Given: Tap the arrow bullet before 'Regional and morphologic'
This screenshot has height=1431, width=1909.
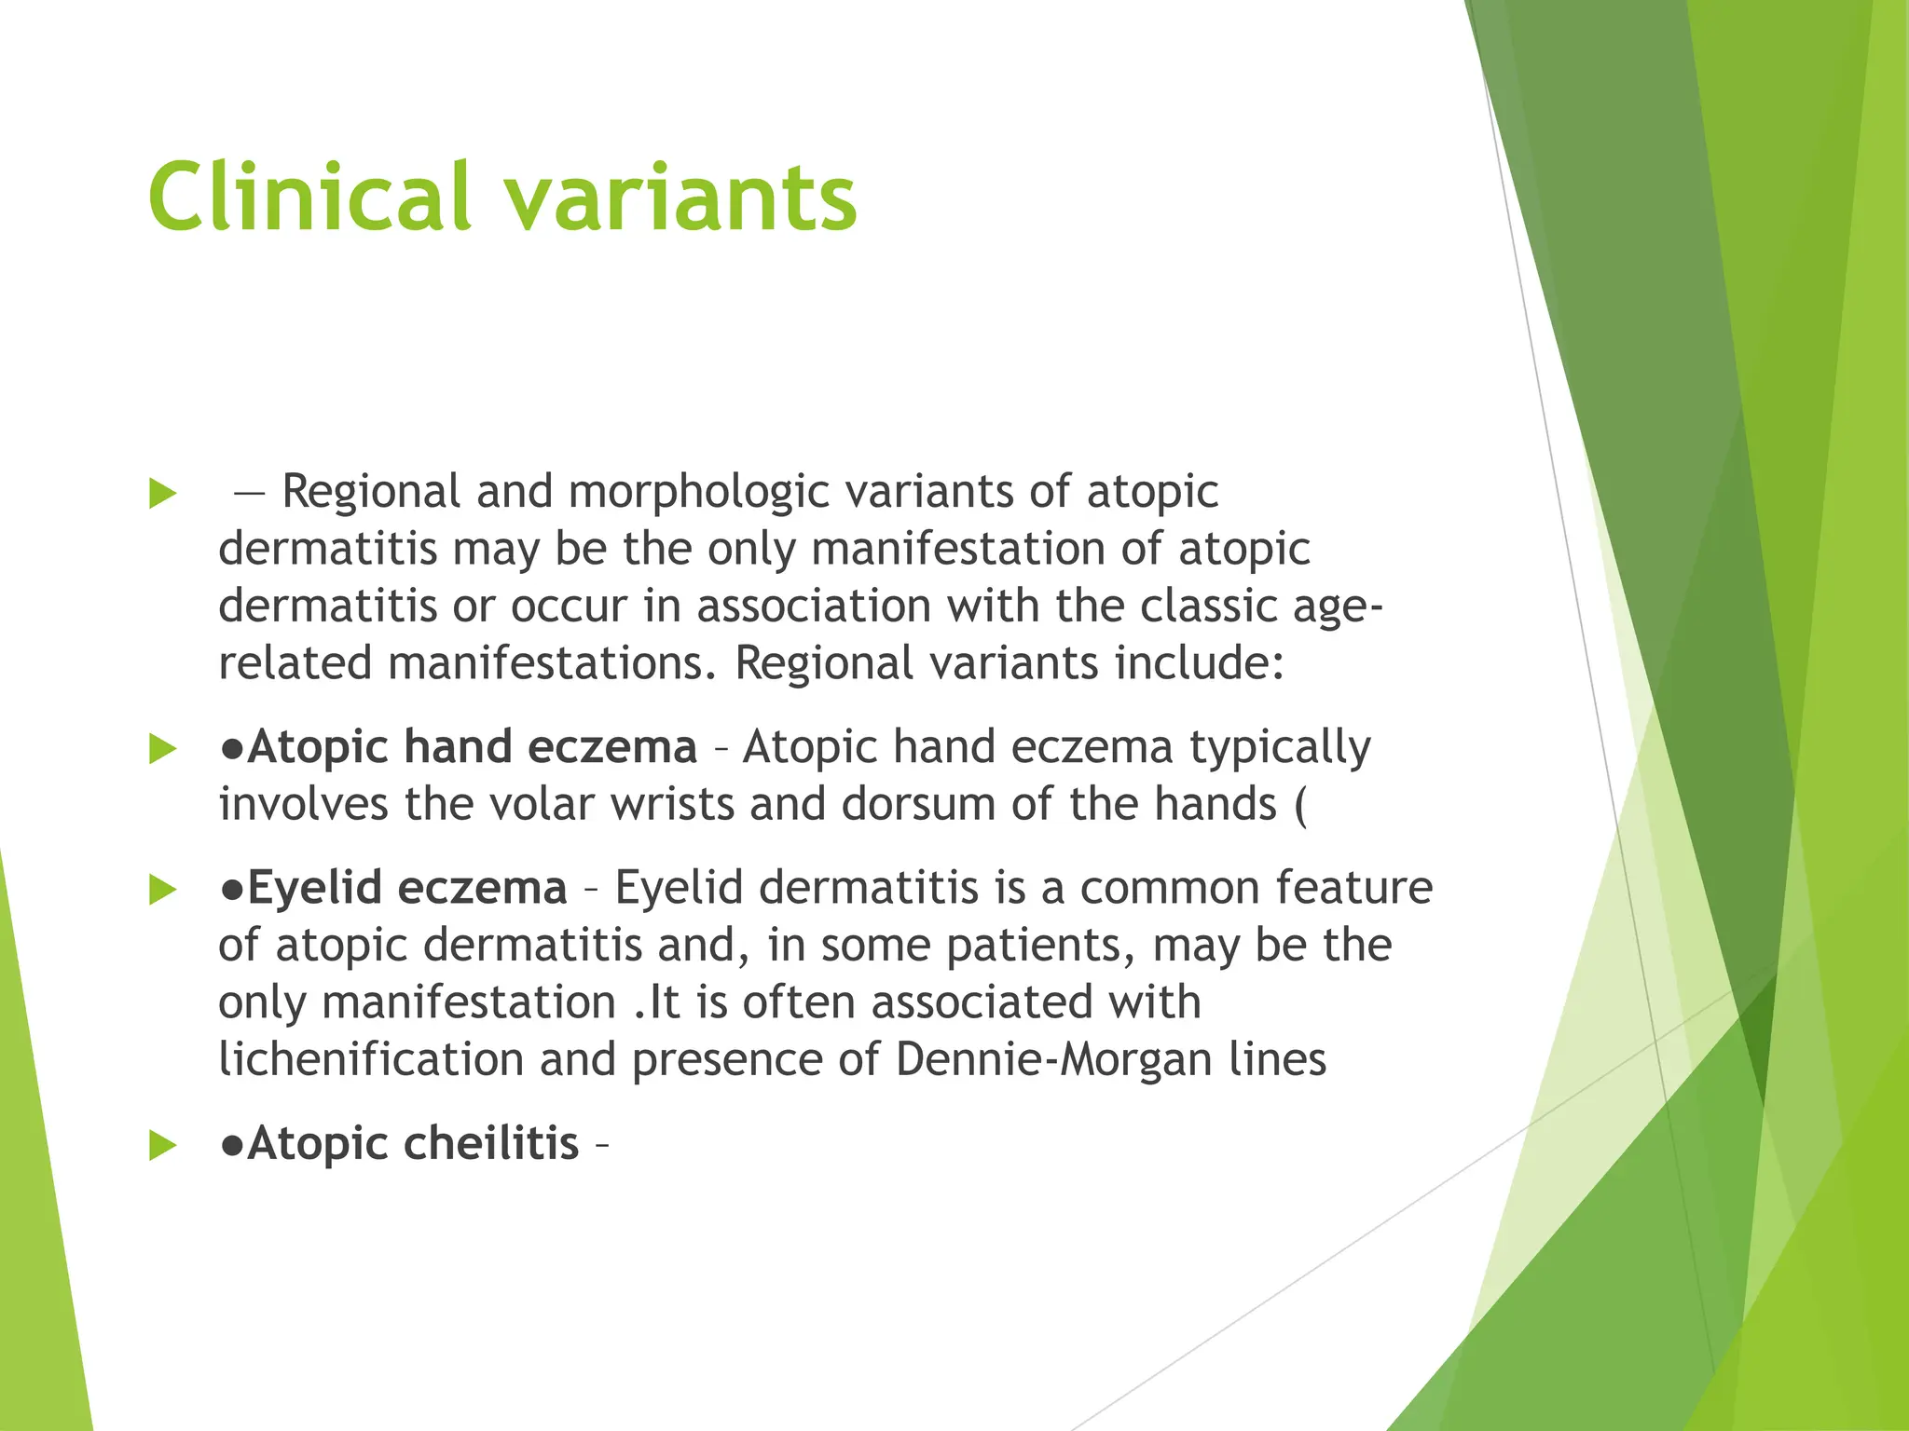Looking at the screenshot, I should click(162, 494).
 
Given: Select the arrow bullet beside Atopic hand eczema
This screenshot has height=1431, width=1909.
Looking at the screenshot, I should click(162, 748).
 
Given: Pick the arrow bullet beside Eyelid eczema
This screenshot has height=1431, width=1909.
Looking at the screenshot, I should click(162, 890).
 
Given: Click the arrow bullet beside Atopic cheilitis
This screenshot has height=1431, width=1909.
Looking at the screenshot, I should click(162, 1145).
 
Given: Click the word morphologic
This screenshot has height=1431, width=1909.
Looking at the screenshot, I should click(698, 492).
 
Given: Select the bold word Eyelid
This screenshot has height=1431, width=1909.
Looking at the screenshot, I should click(315, 888).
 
